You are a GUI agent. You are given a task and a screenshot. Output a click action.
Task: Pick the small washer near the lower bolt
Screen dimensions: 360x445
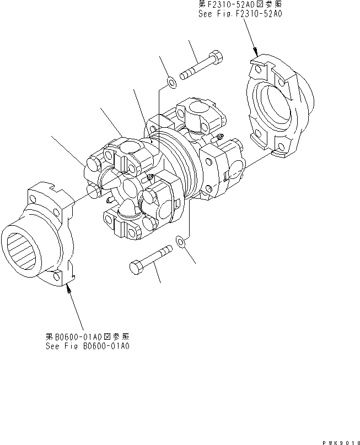click(179, 240)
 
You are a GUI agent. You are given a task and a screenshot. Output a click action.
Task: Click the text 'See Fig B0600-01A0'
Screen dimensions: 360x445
click(89, 346)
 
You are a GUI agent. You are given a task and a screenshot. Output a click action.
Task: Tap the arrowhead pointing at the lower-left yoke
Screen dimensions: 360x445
click(68, 289)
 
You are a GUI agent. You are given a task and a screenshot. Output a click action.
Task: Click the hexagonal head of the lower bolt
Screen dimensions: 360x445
click(136, 267)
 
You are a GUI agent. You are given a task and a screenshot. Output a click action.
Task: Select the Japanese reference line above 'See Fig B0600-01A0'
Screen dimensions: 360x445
click(89, 336)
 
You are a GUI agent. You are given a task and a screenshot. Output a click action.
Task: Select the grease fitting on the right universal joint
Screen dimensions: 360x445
click(221, 137)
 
